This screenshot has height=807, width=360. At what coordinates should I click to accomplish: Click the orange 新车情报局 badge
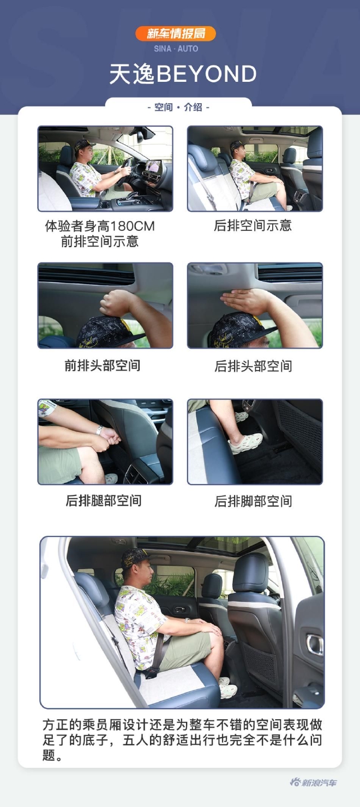pos(176,33)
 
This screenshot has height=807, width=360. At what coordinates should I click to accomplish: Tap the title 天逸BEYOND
pos(183,74)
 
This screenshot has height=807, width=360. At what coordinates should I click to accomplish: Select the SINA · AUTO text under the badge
pos(176,49)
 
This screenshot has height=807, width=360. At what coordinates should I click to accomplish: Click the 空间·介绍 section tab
pos(178,107)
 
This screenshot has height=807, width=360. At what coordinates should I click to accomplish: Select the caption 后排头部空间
pos(253,366)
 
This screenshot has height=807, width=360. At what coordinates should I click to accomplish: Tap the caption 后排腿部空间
pos(104,500)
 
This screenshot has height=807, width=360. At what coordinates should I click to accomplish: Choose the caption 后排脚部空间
pos(253,501)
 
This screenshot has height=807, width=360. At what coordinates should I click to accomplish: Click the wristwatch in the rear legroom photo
pos(99,429)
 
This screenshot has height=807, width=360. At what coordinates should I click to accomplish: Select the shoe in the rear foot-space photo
pos(245,443)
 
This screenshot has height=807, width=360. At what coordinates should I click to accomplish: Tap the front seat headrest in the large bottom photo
pos(250,573)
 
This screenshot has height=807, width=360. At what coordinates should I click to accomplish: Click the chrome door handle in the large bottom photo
pos(315,644)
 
